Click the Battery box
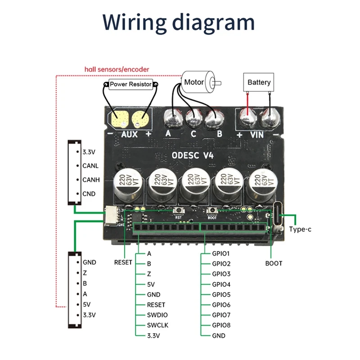click(x=259, y=82)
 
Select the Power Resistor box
click(x=131, y=84)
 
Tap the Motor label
click(x=194, y=82)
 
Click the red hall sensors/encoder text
click(x=117, y=69)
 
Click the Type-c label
click(x=300, y=229)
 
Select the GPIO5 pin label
click(x=221, y=294)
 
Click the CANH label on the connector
click(x=90, y=180)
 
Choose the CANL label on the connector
click(x=90, y=166)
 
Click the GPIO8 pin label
click(x=221, y=325)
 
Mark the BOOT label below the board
click(x=273, y=263)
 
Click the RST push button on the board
click(x=178, y=211)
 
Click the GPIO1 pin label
click(x=221, y=253)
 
